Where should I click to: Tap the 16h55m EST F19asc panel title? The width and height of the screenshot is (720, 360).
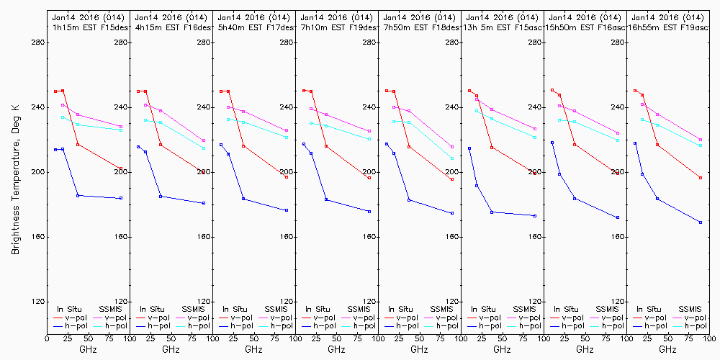667,27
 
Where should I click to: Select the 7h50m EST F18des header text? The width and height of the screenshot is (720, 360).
419,27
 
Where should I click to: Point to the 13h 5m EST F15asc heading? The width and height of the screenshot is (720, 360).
502,27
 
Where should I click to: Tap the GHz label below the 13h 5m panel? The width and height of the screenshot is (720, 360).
502,349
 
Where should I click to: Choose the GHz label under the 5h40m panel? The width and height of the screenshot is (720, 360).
253,349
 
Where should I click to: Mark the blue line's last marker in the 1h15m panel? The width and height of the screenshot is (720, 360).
121,198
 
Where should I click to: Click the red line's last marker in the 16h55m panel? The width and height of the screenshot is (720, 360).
701,178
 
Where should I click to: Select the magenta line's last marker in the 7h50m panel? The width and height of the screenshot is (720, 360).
452,147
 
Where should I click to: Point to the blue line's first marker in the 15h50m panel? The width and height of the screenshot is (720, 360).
552,143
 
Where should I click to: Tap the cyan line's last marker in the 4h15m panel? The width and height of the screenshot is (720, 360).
204,148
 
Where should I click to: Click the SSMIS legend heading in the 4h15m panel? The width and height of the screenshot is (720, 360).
193,309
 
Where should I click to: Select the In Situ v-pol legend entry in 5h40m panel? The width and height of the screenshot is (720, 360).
235,318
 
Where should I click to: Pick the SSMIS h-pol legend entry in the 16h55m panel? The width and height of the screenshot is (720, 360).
693,326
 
